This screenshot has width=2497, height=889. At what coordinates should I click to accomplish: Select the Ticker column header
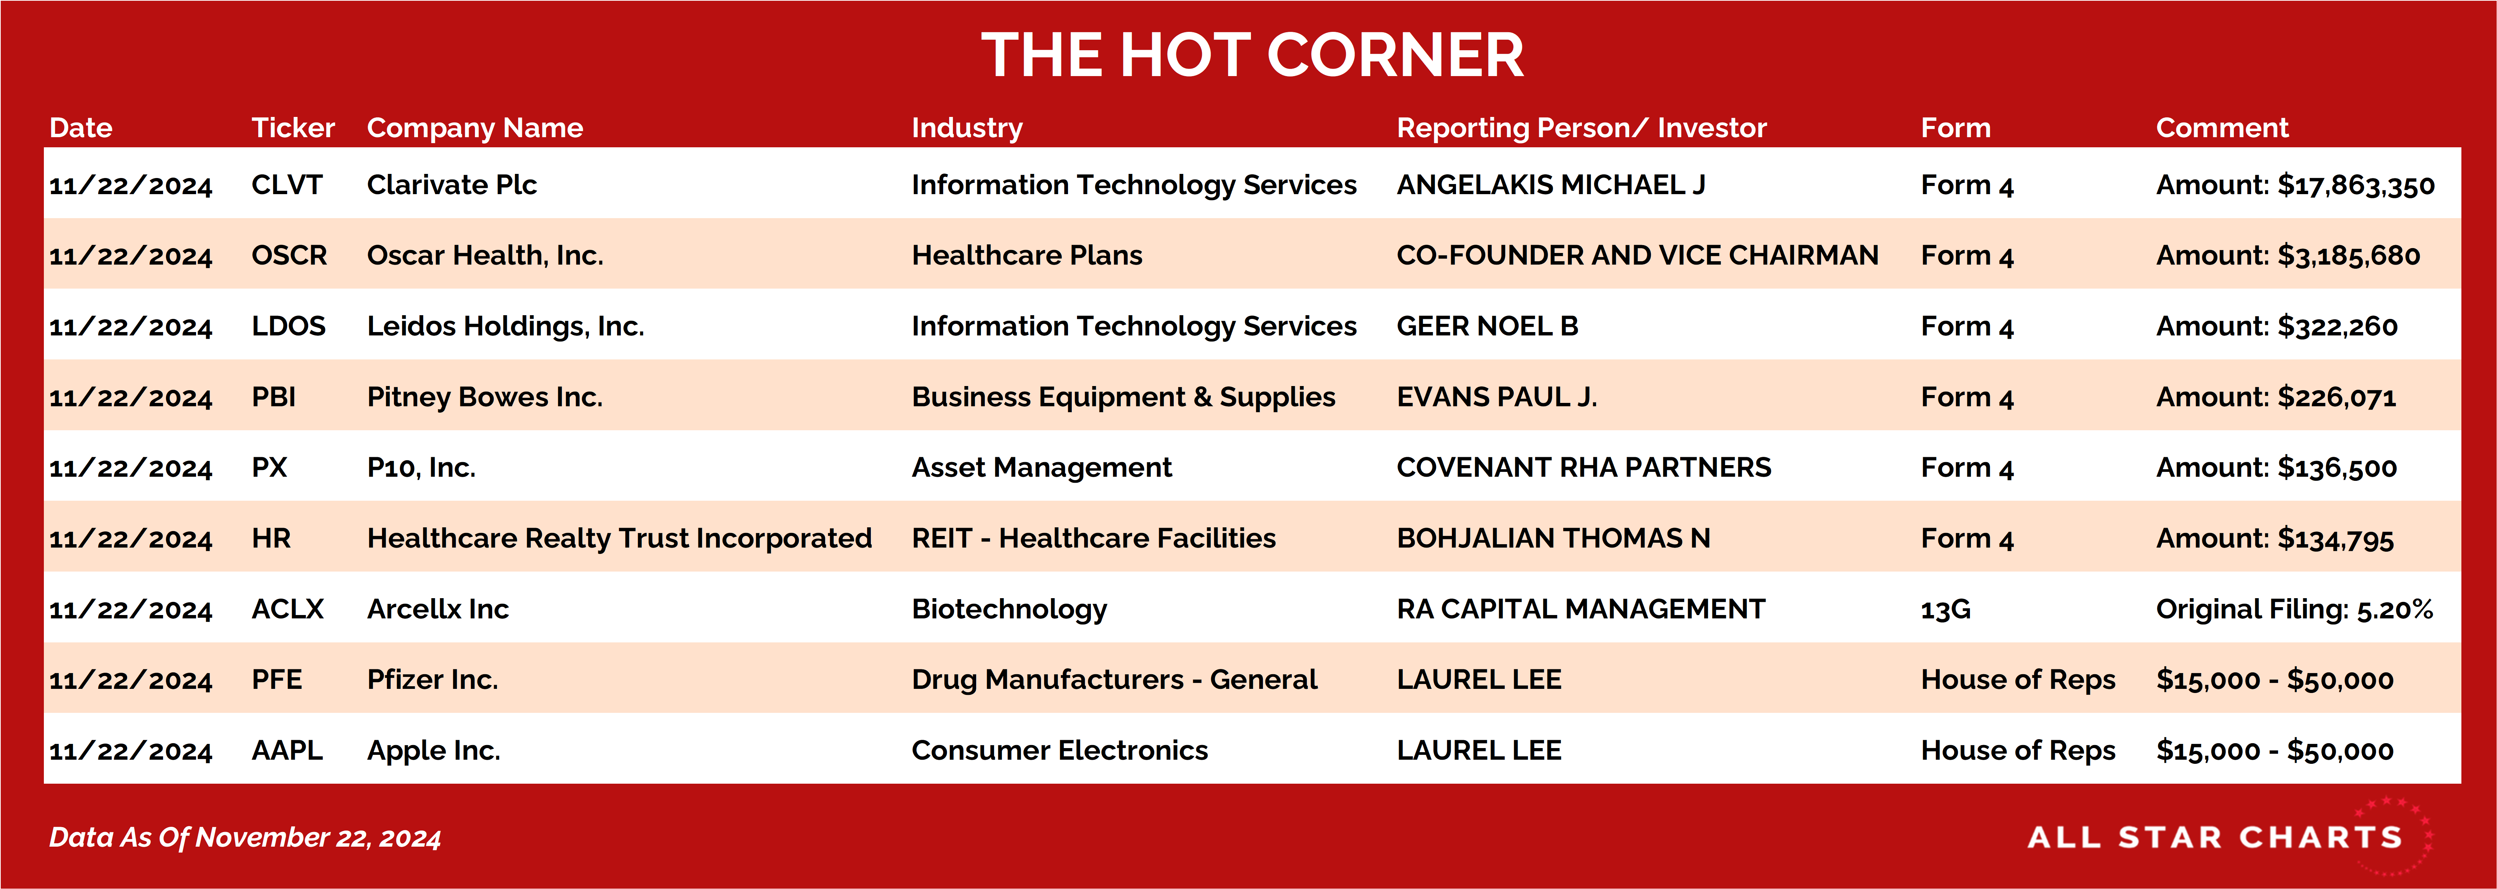(293, 128)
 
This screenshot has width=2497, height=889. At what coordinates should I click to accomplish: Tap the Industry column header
(966, 128)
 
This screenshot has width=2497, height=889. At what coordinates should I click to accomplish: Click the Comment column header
(2222, 128)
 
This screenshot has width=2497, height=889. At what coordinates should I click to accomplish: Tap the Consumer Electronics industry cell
(1059, 750)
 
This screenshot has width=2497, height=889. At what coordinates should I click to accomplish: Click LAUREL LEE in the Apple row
(1479, 750)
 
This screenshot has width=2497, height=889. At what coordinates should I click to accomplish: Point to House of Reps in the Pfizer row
(2018, 679)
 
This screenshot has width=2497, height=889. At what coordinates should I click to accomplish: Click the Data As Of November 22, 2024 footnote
(245, 838)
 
